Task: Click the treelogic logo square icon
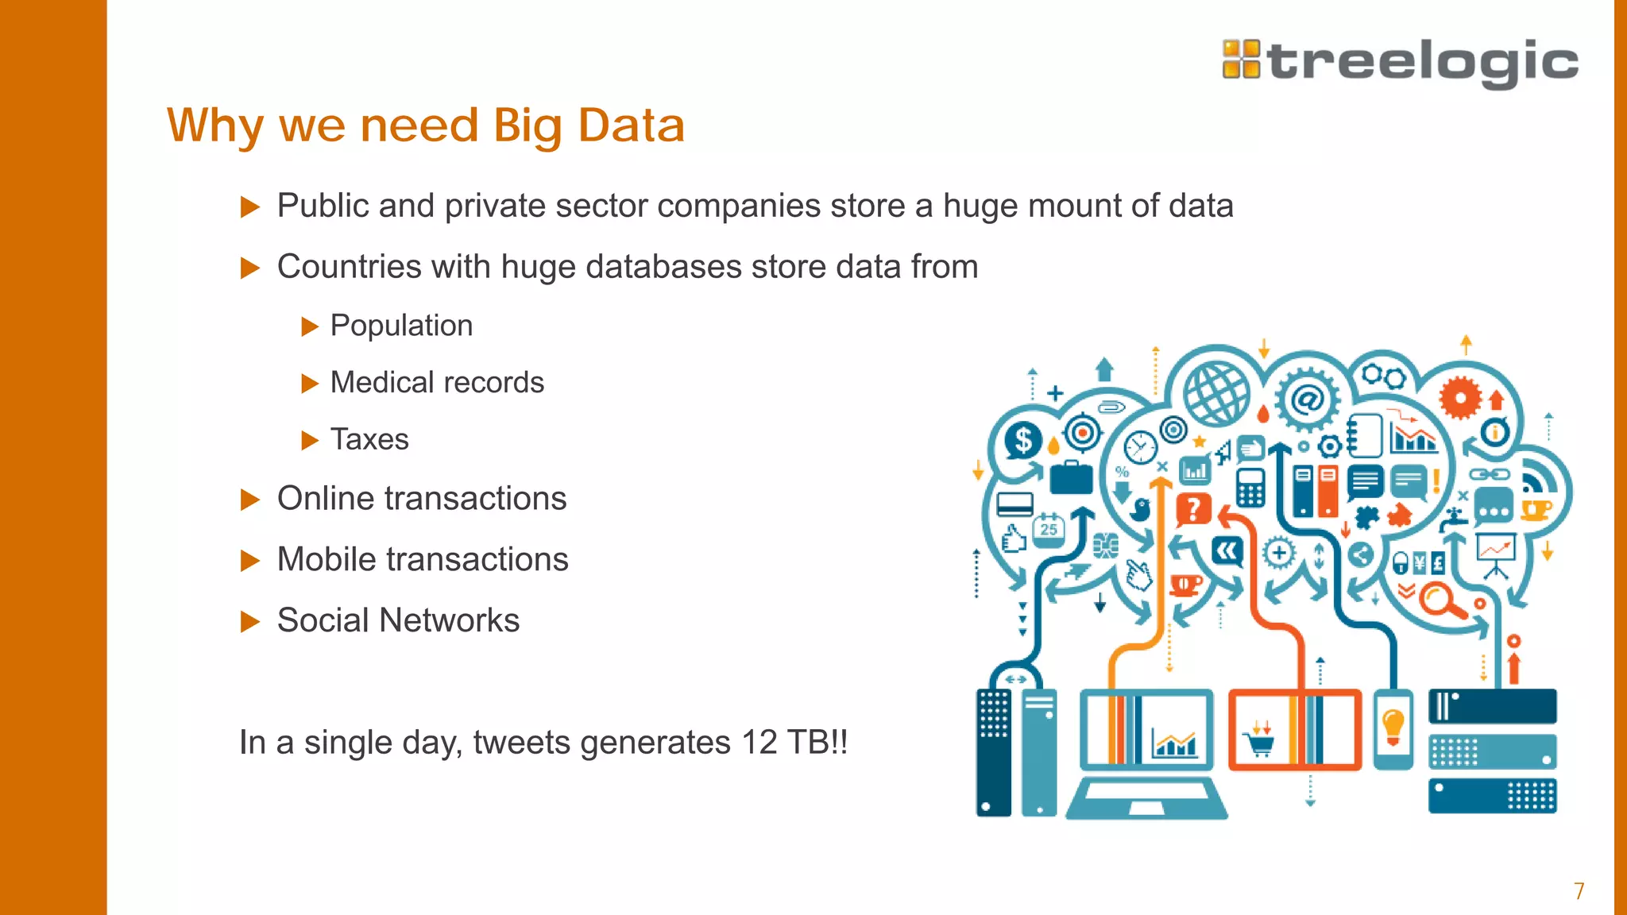pyautogui.click(x=1241, y=60)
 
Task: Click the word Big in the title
pyautogui.click(x=528, y=125)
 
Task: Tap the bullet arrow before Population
pyautogui.click(x=310, y=326)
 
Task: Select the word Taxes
pyautogui.click(x=369, y=439)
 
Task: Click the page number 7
pyautogui.click(x=1579, y=891)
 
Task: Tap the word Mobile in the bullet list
pyautogui.click(x=323, y=559)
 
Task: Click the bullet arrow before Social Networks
pyautogui.click(x=250, y=621)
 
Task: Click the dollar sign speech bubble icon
pyautogui.click(x=1023, y=439)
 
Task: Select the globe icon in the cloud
pyautogui.click(x=1216, y=392)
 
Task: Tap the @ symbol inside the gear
pyautogui.click(x=1307, y=400)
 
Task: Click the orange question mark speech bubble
pyautogui.click(x=1192, y=509)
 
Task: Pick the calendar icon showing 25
pyautogui.click(x=1049, y=528)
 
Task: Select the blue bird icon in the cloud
pyautogui.click(x=1142, y=509)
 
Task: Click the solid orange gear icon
pyautogui.click(x=1460, y=397)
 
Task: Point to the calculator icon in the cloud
pyautogui.click(x=1250, y=488)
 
